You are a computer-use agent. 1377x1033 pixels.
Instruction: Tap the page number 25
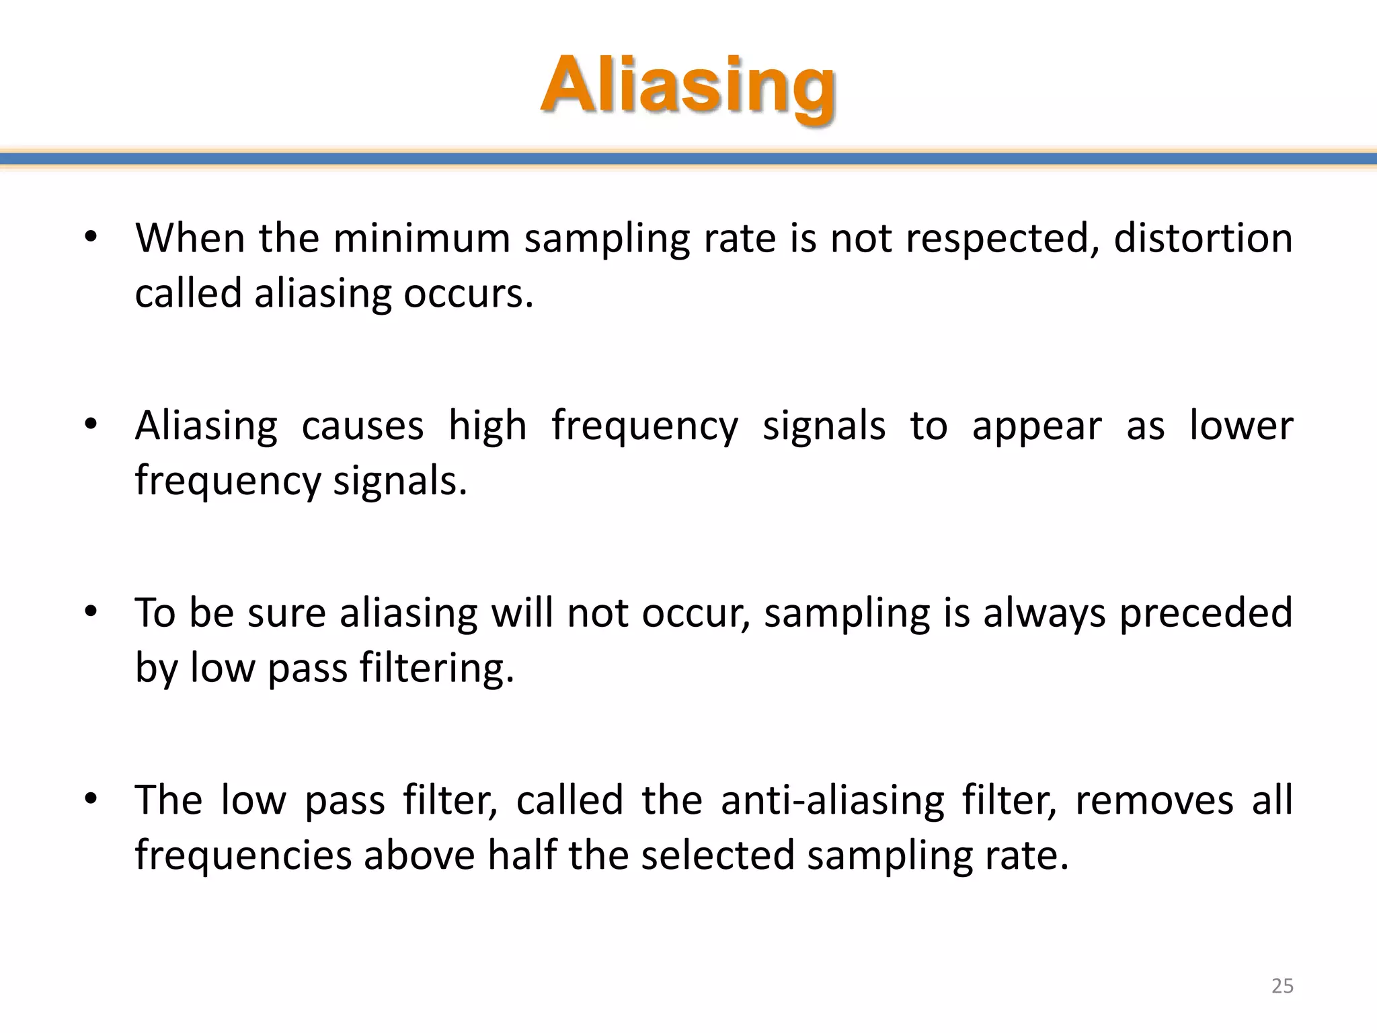point(1282,986)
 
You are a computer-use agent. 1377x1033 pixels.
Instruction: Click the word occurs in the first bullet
point(468,294)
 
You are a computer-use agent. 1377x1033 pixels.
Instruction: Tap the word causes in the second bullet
point(362,426)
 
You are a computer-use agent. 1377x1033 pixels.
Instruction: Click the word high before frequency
point(487,427)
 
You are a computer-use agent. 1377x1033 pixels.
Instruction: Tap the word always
point(1044,614)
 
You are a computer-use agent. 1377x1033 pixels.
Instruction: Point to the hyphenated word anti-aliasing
point(832,800)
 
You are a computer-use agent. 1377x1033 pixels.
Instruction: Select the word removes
point(1154,800)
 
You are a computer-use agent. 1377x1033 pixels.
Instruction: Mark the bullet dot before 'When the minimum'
point(91,237)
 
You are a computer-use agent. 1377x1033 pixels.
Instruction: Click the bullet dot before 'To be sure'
point(91,612)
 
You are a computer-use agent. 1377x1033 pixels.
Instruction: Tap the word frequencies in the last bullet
point(243,856)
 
